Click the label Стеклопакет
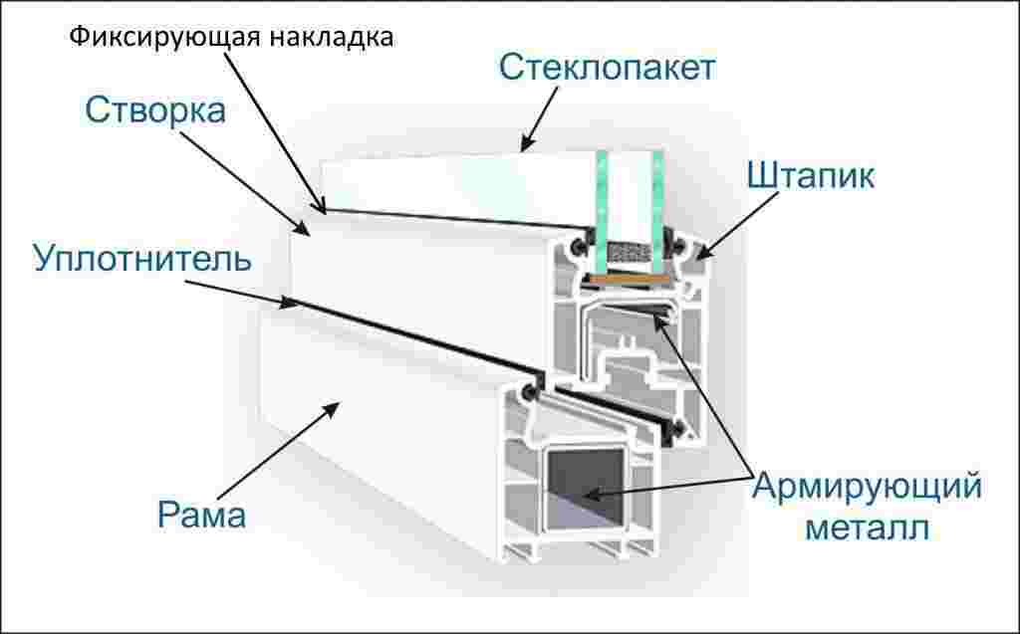[x=607, y=69]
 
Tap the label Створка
[x=155, y=109]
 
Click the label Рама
[x=201, y=516]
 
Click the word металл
[x=866, y=527]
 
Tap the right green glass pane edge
[x=657, y=199]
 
